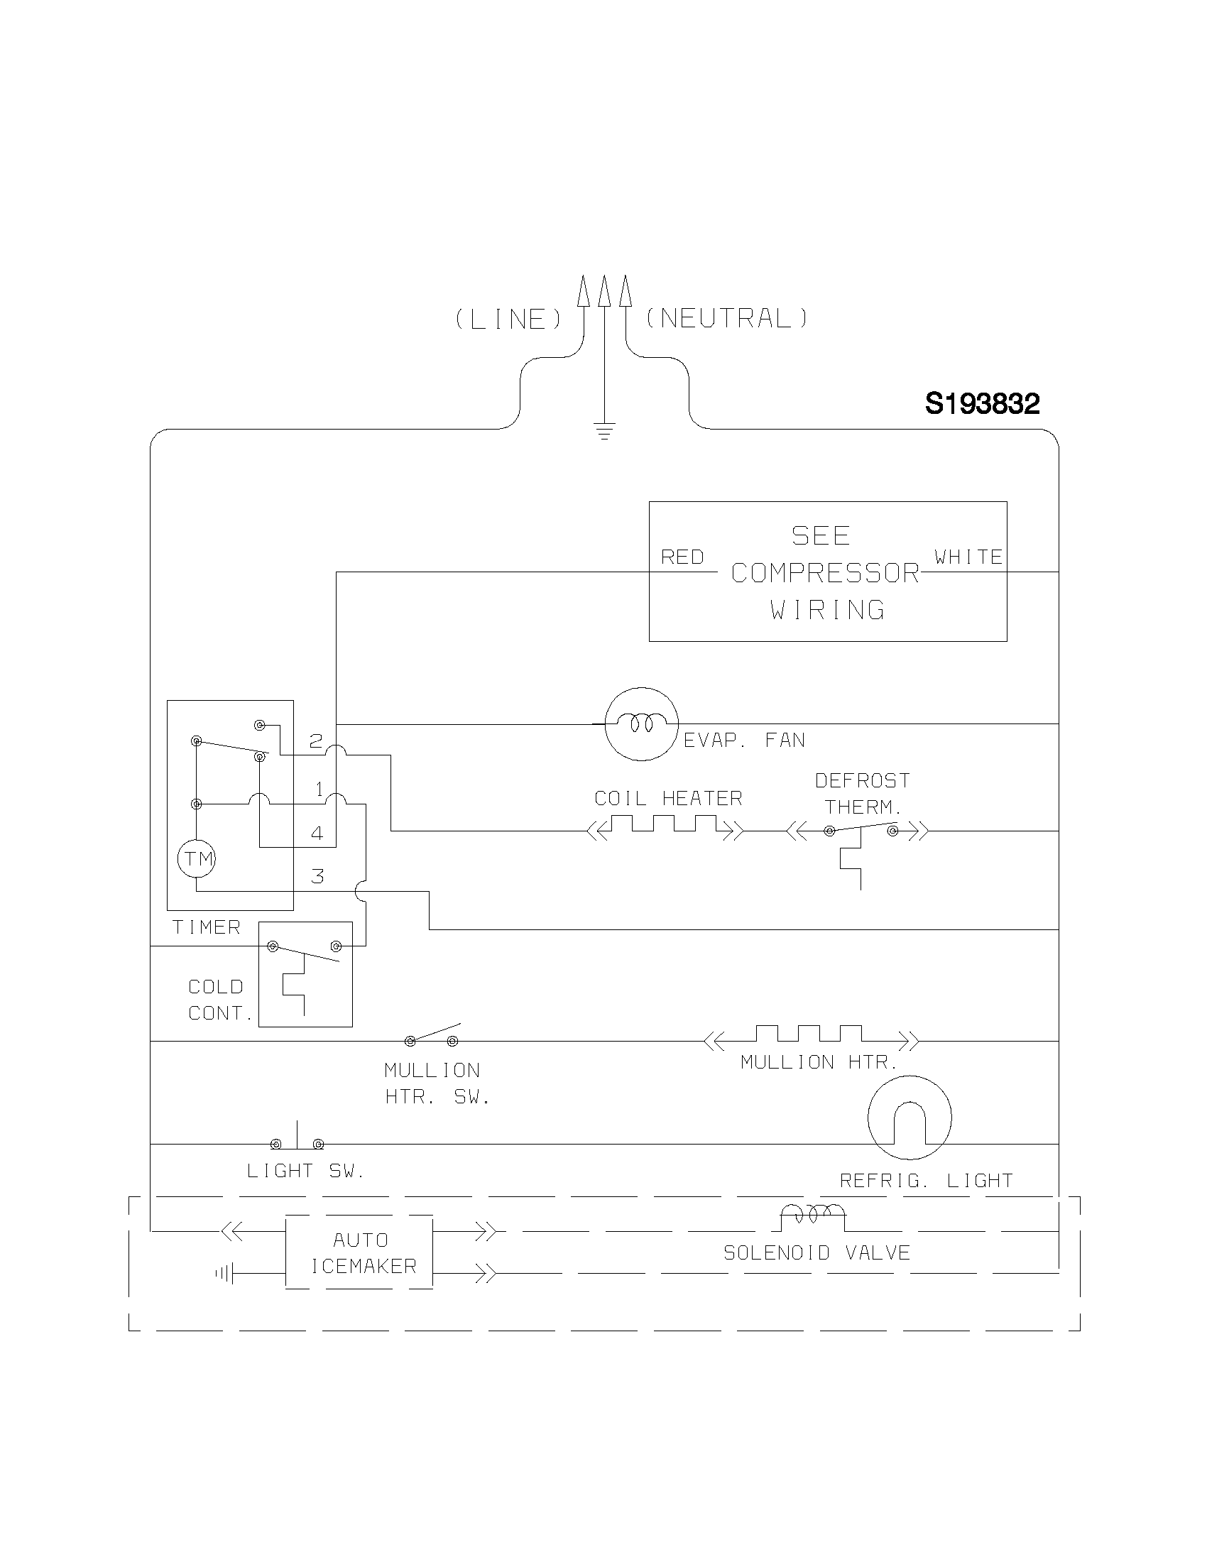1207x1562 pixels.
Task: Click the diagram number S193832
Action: pos(982,404)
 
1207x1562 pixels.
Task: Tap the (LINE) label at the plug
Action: pos(509,319)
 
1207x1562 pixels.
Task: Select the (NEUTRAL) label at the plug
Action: pos(726,318)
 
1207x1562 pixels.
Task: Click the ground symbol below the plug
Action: pos(604,430)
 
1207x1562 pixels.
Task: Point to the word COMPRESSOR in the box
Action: pos(825,573)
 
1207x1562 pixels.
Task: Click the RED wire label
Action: pos(682,557)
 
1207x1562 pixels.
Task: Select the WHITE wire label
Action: pos(968,557)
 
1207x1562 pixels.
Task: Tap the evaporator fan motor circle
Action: pos(640,723)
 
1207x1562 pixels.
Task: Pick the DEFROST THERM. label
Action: pos(863,793)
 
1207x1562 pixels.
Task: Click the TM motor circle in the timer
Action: pos(197,858)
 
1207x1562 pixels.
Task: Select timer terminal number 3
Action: pos(317,876)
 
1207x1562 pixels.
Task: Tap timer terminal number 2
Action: pos(316,741)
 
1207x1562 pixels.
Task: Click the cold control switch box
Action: pos(305,974)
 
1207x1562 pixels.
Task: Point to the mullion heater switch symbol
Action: pos(432,1037)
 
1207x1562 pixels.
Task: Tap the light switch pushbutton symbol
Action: pos(297,1139)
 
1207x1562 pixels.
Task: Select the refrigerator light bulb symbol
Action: pos(909,1118)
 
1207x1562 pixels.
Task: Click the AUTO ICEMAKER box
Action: pos(359,1252)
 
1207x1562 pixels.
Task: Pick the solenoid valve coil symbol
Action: pos(812,1216)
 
